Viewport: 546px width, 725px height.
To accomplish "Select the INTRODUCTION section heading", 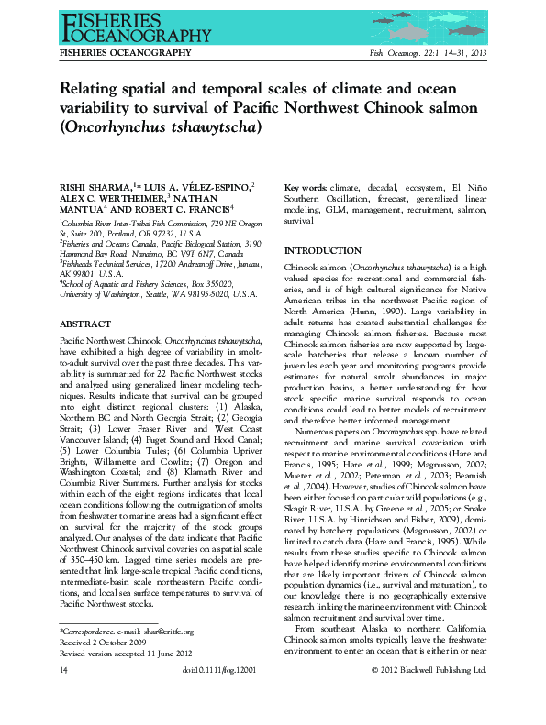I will pyautogui.click(x=322, y=251).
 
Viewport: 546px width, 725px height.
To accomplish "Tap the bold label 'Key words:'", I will pyautogui.click(x=306, y=187).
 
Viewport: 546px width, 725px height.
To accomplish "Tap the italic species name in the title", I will pyautogui.click(x=160, y=127).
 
